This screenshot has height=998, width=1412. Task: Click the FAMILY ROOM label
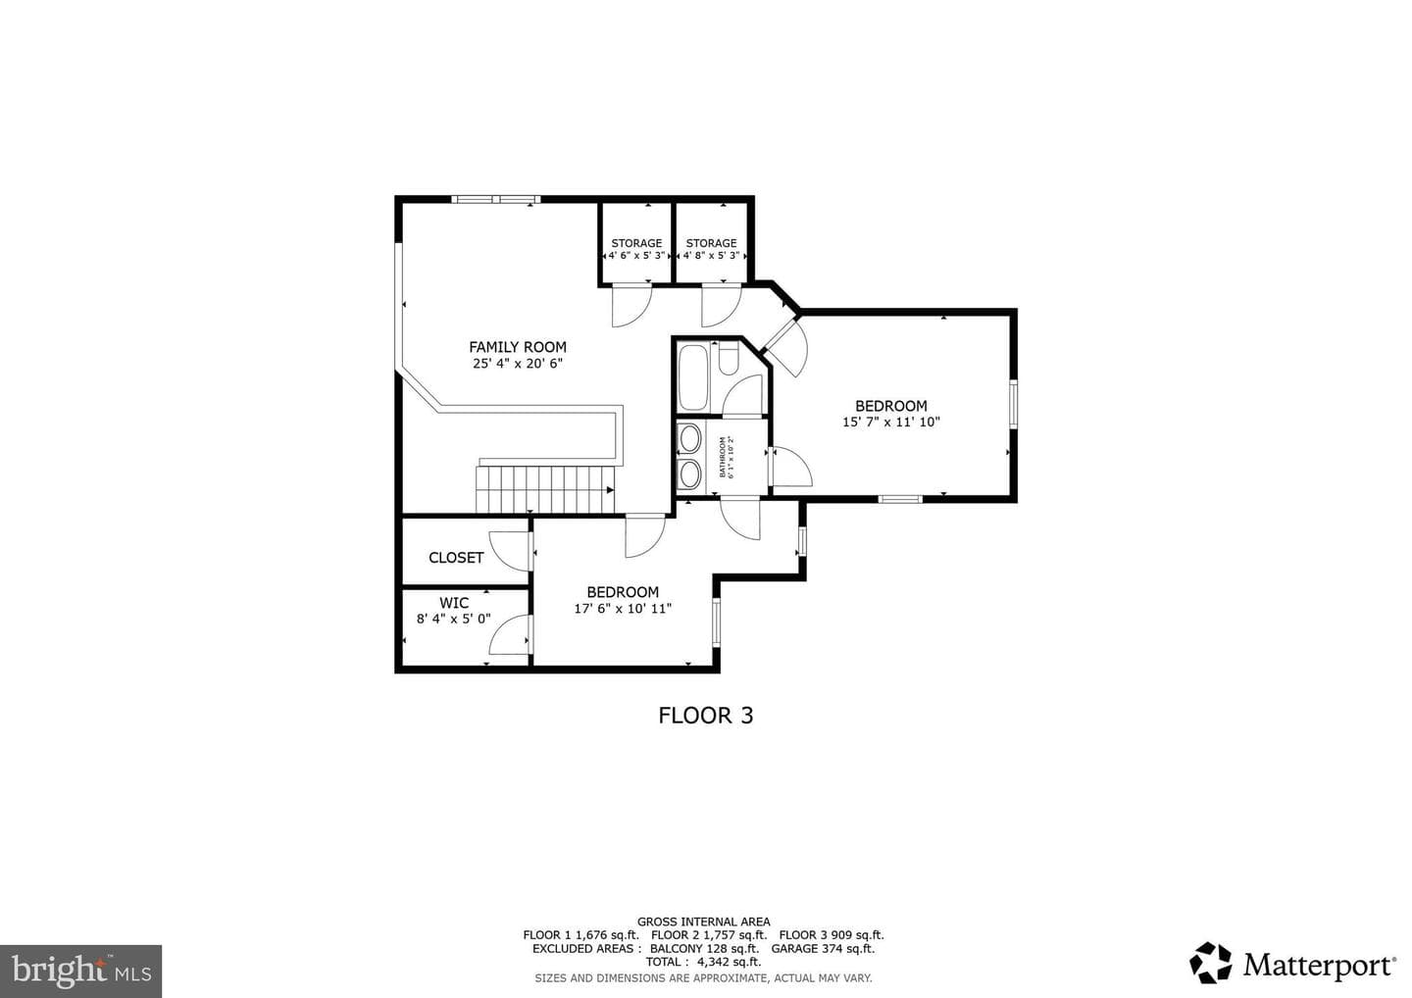pyautogui.click(x=518, y=347)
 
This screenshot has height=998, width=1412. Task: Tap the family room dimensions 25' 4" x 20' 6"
pyautogui.click(x=518, y=364)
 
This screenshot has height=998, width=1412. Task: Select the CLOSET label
pyautogui.click(x=456, y=558)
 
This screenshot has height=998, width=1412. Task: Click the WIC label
pyautogui.click(x=454, y=603)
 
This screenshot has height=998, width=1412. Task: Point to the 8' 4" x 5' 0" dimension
pyautogui.click(x=454, y=619)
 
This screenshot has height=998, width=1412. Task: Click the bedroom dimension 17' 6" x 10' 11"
pyautogui.click(x=623, y=609)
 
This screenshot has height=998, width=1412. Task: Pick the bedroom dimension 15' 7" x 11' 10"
pyautogui.click(x=891, y=423)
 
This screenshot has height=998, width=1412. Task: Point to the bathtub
pyautogui.click(x=693, y=377)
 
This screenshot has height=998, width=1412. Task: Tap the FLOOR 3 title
pyautogui.click(x=706, y=716)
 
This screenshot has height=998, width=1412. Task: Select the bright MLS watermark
pyautogui.click(x=80, y=972)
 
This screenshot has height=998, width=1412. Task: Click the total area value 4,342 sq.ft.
pyautogui.click(x=730, y=963)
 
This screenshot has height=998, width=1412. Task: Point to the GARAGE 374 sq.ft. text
pyautogui.click(x=824, y=949)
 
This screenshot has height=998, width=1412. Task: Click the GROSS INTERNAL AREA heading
pyautogui.click(x=703, y=922)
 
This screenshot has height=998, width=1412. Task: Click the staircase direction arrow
pyautogui.click(x=610, y=490)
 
